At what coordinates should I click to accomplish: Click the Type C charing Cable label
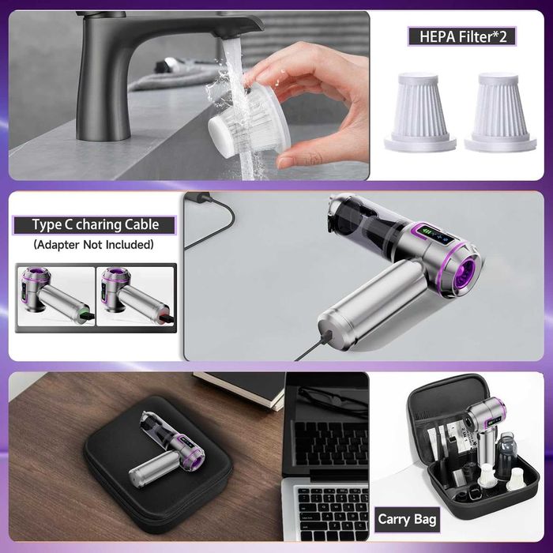click(x=95, y=225)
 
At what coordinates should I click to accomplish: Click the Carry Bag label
click(x=407, y=519)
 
